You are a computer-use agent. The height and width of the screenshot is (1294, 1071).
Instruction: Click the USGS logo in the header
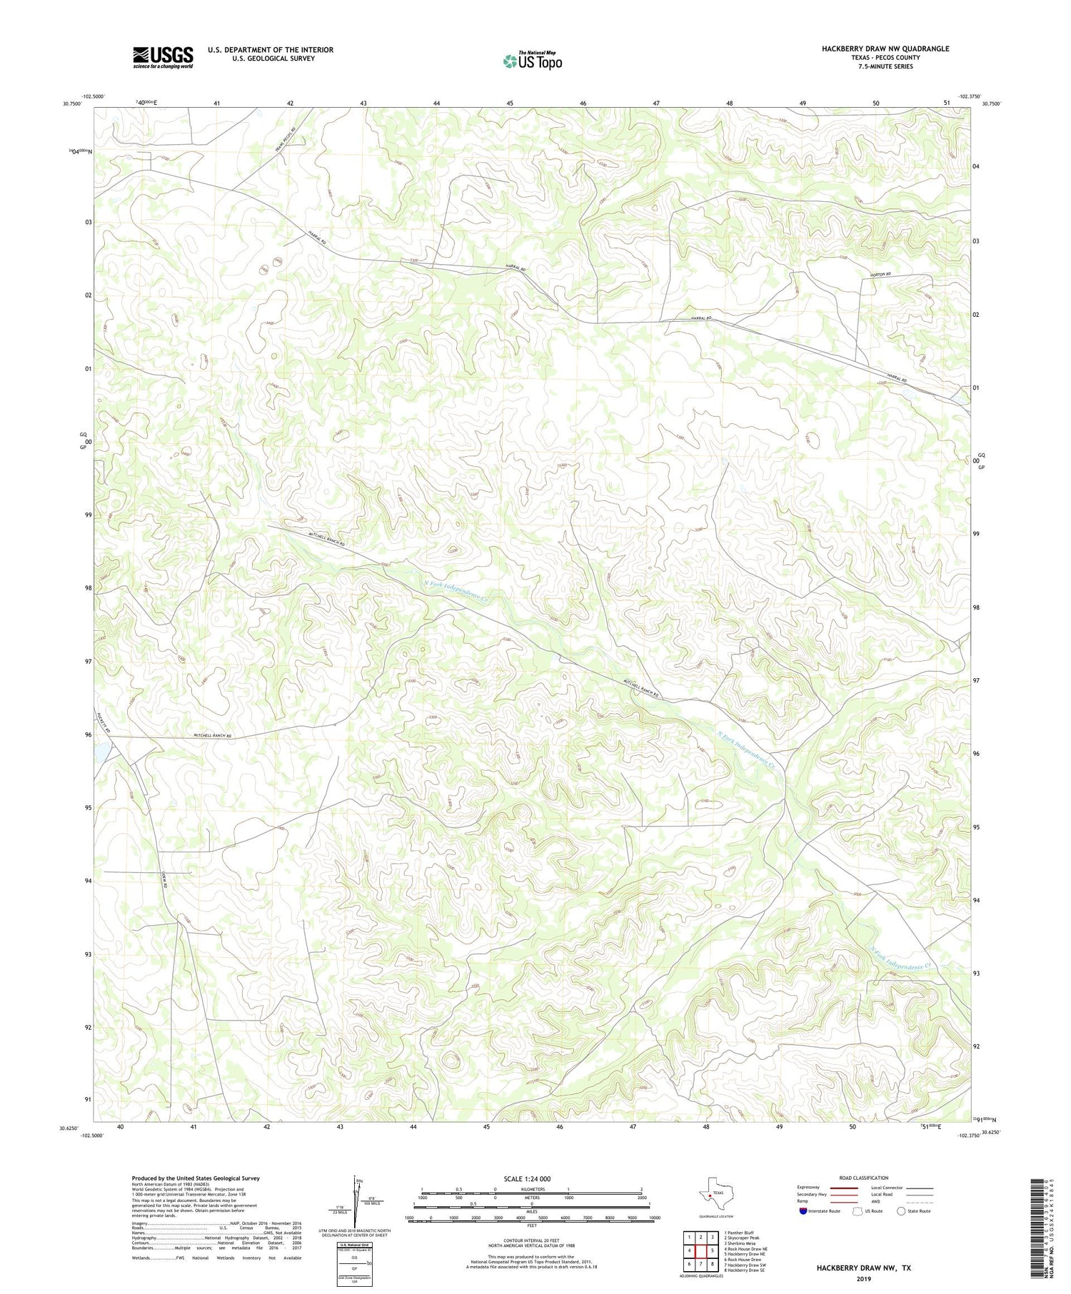[x=163, y=57]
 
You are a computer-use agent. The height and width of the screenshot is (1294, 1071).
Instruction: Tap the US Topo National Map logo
[x=532, y=61]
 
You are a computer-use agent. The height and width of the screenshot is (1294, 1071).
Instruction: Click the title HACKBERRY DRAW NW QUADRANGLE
[x=885, y=49]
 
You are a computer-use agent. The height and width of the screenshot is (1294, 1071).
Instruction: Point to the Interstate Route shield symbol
[x=803, y=1211]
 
